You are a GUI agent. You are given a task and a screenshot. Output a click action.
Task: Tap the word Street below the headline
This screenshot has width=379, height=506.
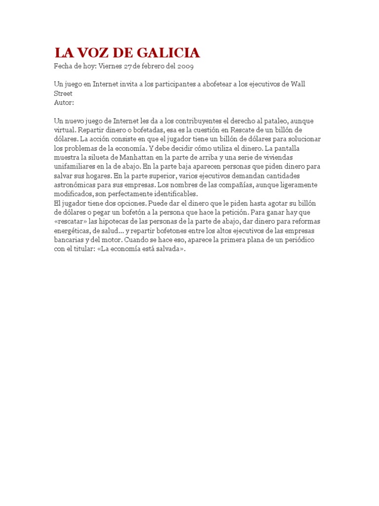(63, 93)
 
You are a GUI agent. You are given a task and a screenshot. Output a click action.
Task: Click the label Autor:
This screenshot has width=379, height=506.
(64, 102)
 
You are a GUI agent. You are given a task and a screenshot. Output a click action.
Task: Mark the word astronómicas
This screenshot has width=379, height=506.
(76, 185)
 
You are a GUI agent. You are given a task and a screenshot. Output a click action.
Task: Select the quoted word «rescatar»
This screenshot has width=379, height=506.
(72, 221)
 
